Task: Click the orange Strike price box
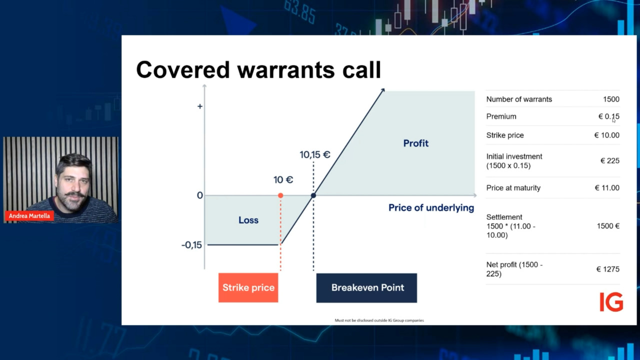(248, 287)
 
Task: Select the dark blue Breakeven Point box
(366, 287)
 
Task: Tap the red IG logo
(611, 302)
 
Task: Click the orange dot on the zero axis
(280, 195)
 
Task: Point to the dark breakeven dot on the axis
(313, 195)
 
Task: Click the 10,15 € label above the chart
(315, 154)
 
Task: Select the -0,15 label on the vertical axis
(191, 245)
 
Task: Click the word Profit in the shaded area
(415, 143)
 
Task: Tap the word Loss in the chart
(248, 220)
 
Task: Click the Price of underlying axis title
(431, 207)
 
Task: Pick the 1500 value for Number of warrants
(611, 99)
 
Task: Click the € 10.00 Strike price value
(607, 135)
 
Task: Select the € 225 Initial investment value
(610, 160)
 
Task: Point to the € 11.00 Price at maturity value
(607, 187)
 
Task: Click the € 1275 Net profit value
(608, 269)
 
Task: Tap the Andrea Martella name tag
(29, 215)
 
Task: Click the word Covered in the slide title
(183, 69)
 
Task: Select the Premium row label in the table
(501, 116)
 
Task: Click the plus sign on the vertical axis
(200, 106)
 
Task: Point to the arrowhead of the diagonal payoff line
(383, 90)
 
